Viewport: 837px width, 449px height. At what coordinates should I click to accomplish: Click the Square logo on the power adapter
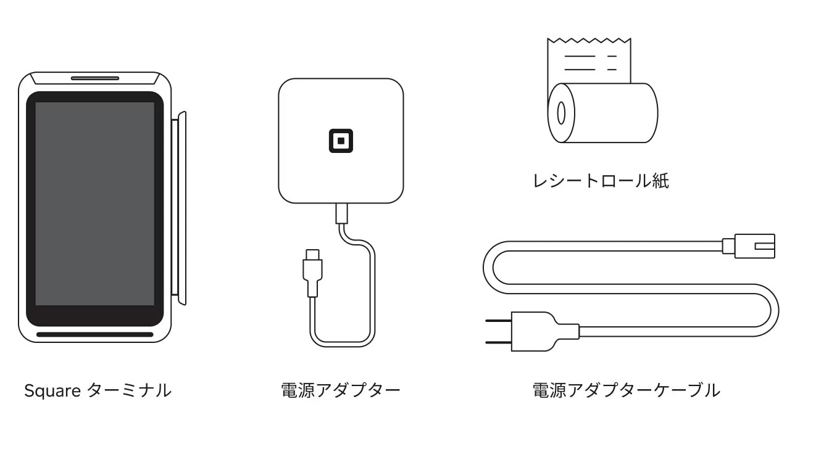(341, 141)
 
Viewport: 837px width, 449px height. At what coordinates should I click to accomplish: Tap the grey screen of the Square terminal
(95, 204)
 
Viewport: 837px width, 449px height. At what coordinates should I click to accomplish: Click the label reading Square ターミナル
(98, 390)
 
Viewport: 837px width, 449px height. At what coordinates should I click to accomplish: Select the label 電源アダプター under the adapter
(341, 390)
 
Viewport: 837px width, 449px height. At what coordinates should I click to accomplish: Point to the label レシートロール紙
(601, 181)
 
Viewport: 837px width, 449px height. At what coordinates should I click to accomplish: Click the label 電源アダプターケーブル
(627, 390)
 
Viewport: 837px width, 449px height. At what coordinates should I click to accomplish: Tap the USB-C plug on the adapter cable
(313, 273)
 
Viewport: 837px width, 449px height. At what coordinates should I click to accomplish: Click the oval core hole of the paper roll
(561, 113)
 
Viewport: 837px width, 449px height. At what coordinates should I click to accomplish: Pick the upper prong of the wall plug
(499, 320)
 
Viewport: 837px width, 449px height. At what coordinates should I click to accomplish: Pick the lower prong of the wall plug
(499, 342)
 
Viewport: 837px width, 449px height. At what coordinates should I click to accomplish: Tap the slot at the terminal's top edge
(95, 78)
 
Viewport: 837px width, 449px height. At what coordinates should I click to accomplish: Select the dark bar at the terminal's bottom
(95, 334)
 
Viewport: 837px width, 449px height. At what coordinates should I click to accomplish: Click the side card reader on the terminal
(179, 208)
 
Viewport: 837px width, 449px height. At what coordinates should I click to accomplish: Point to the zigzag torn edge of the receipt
(589, 40)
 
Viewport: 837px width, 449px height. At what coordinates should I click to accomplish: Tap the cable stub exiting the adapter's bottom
(341, 213)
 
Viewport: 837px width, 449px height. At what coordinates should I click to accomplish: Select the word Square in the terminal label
(52, 391)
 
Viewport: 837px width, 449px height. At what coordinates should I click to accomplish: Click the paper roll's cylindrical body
(609, 113)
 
